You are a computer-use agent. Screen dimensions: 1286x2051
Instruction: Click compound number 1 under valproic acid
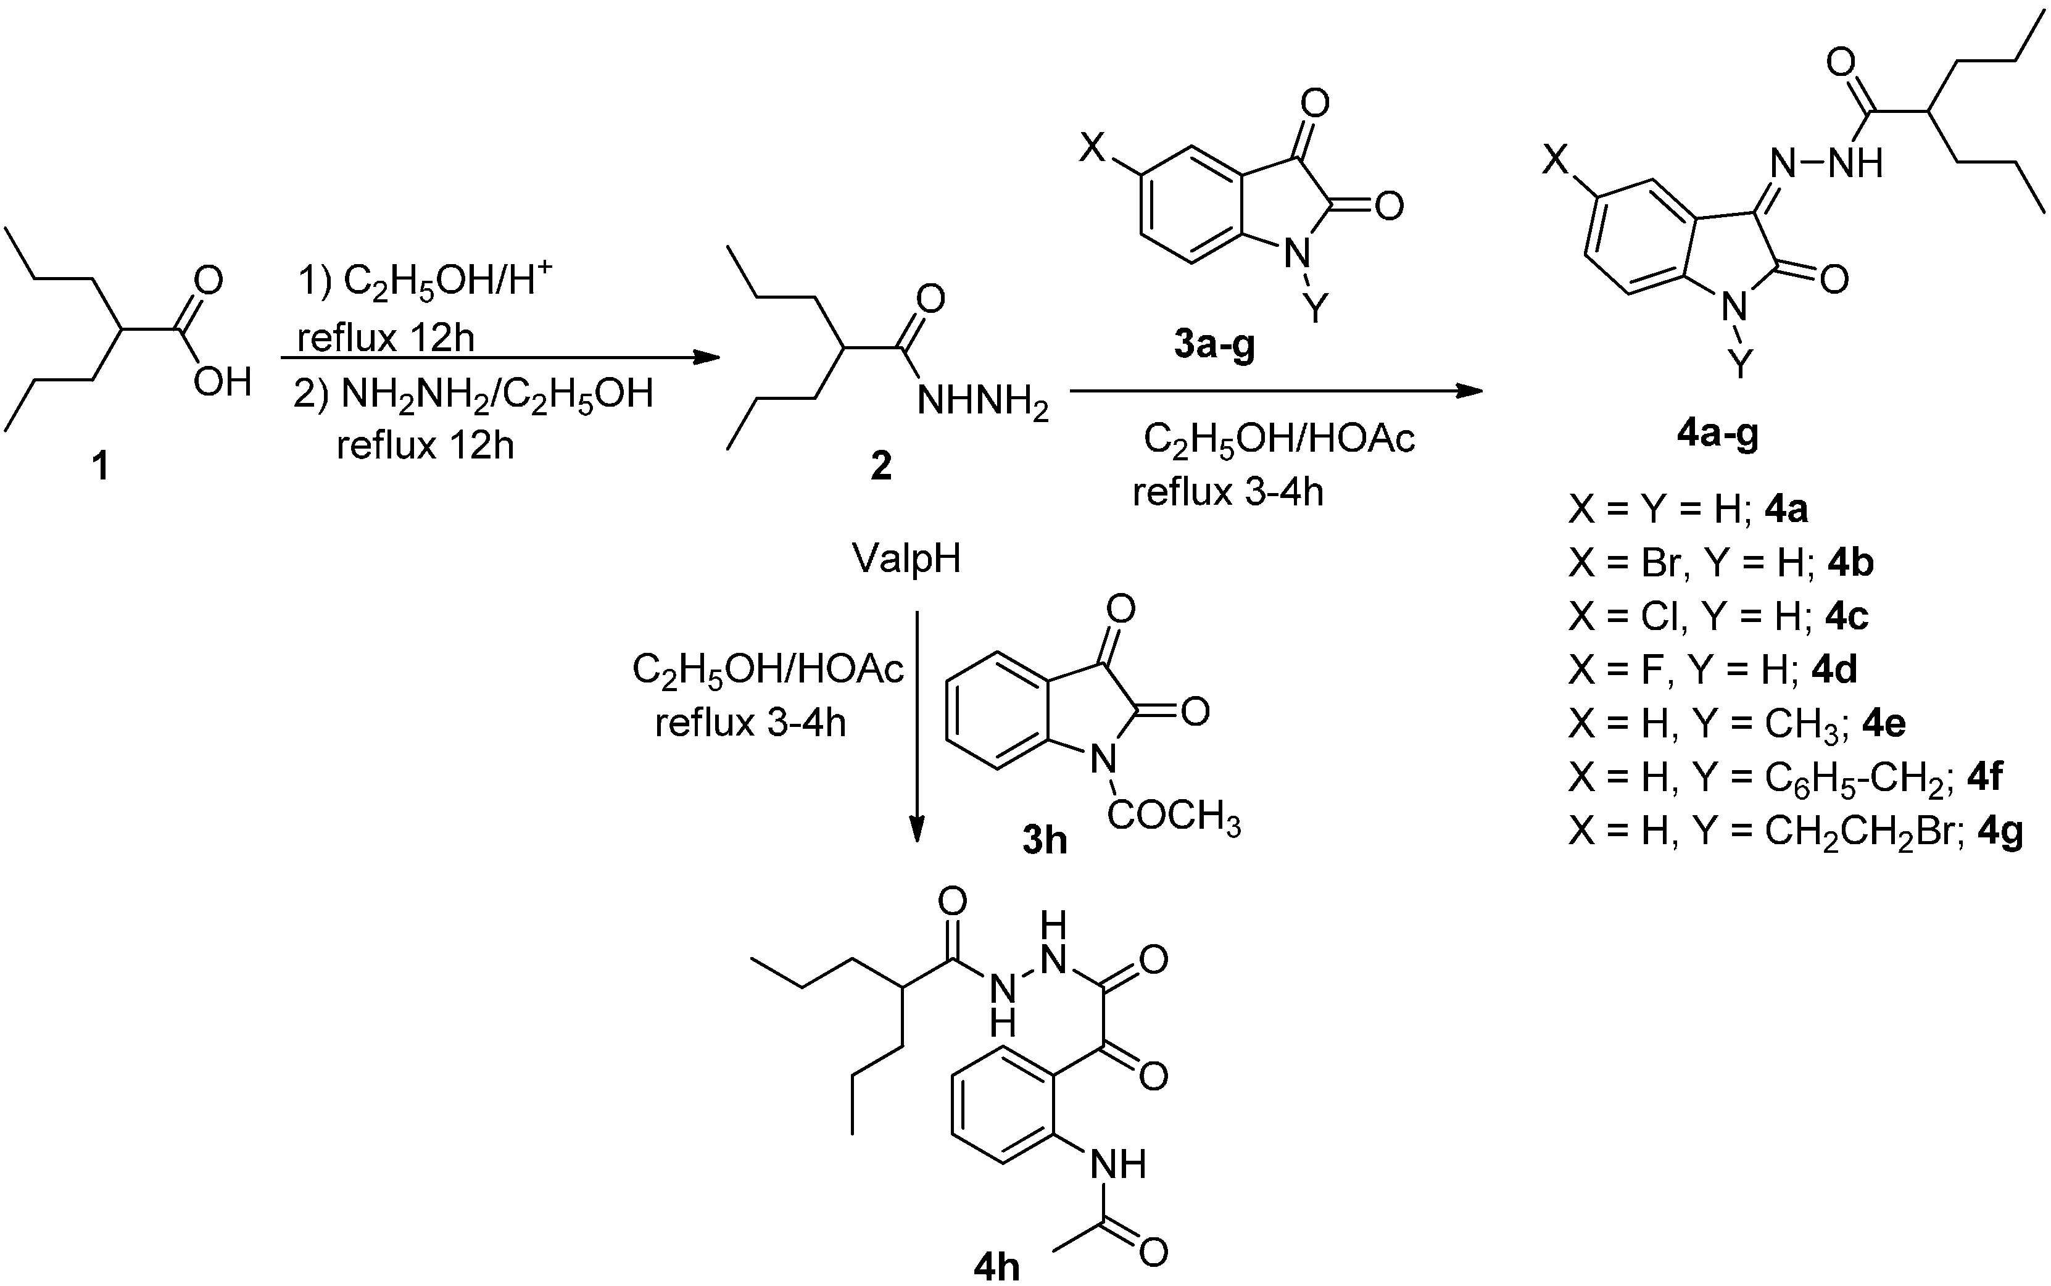(x=101, y=465)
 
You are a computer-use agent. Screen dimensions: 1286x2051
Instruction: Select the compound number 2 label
(x=881, y=465)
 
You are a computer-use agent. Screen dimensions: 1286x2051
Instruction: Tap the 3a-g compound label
(x=1214, y=346)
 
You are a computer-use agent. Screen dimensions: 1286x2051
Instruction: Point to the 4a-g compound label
(x=1717, y=434)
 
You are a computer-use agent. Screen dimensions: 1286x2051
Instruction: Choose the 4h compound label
(x=996, y=1267)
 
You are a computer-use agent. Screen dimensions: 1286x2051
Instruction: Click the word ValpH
(x=906, y=559)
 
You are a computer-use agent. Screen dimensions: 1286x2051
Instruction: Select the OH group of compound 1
(x=222, y=382)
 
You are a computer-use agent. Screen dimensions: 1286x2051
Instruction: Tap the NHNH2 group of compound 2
(x=982, y=400)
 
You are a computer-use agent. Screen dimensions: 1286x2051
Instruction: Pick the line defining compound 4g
(x=1795, y=831)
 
